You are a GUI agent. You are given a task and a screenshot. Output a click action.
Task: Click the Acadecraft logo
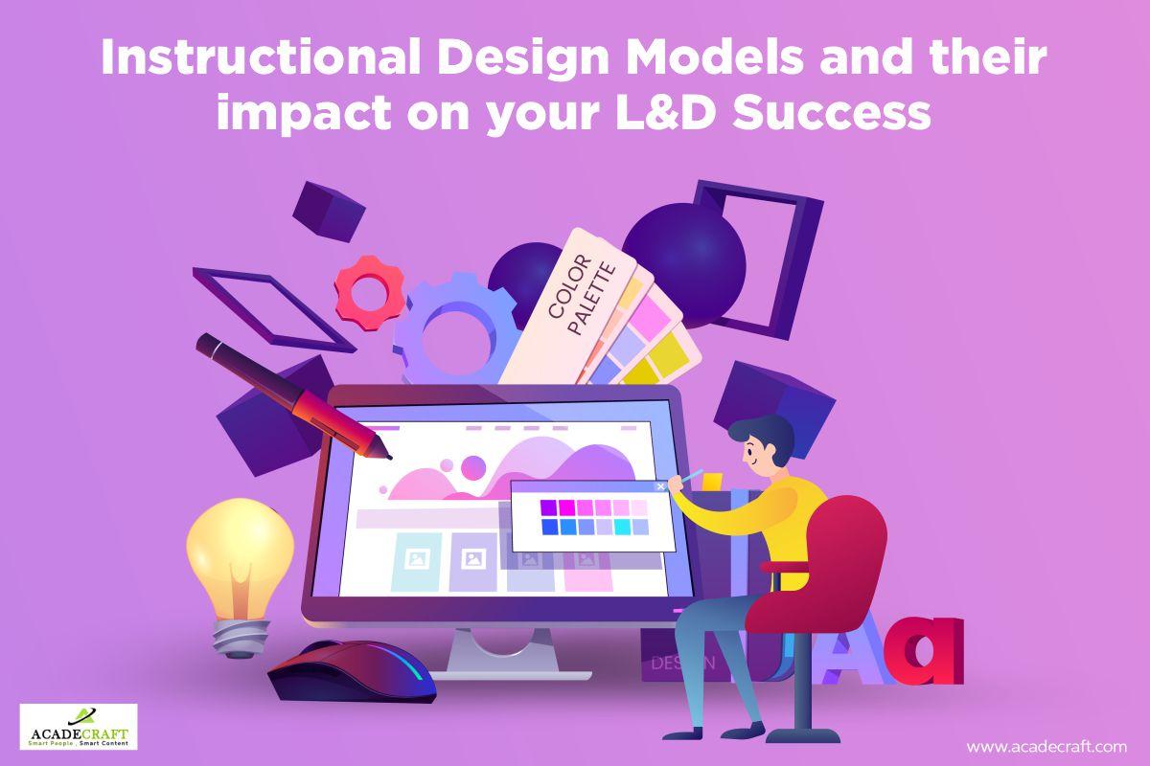click(79, 727)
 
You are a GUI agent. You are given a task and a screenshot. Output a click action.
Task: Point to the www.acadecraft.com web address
click(1046, 746)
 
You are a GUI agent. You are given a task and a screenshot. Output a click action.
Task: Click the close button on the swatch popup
click(660, 486)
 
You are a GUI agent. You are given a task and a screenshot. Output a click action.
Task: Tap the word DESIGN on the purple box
click(681, 662)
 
